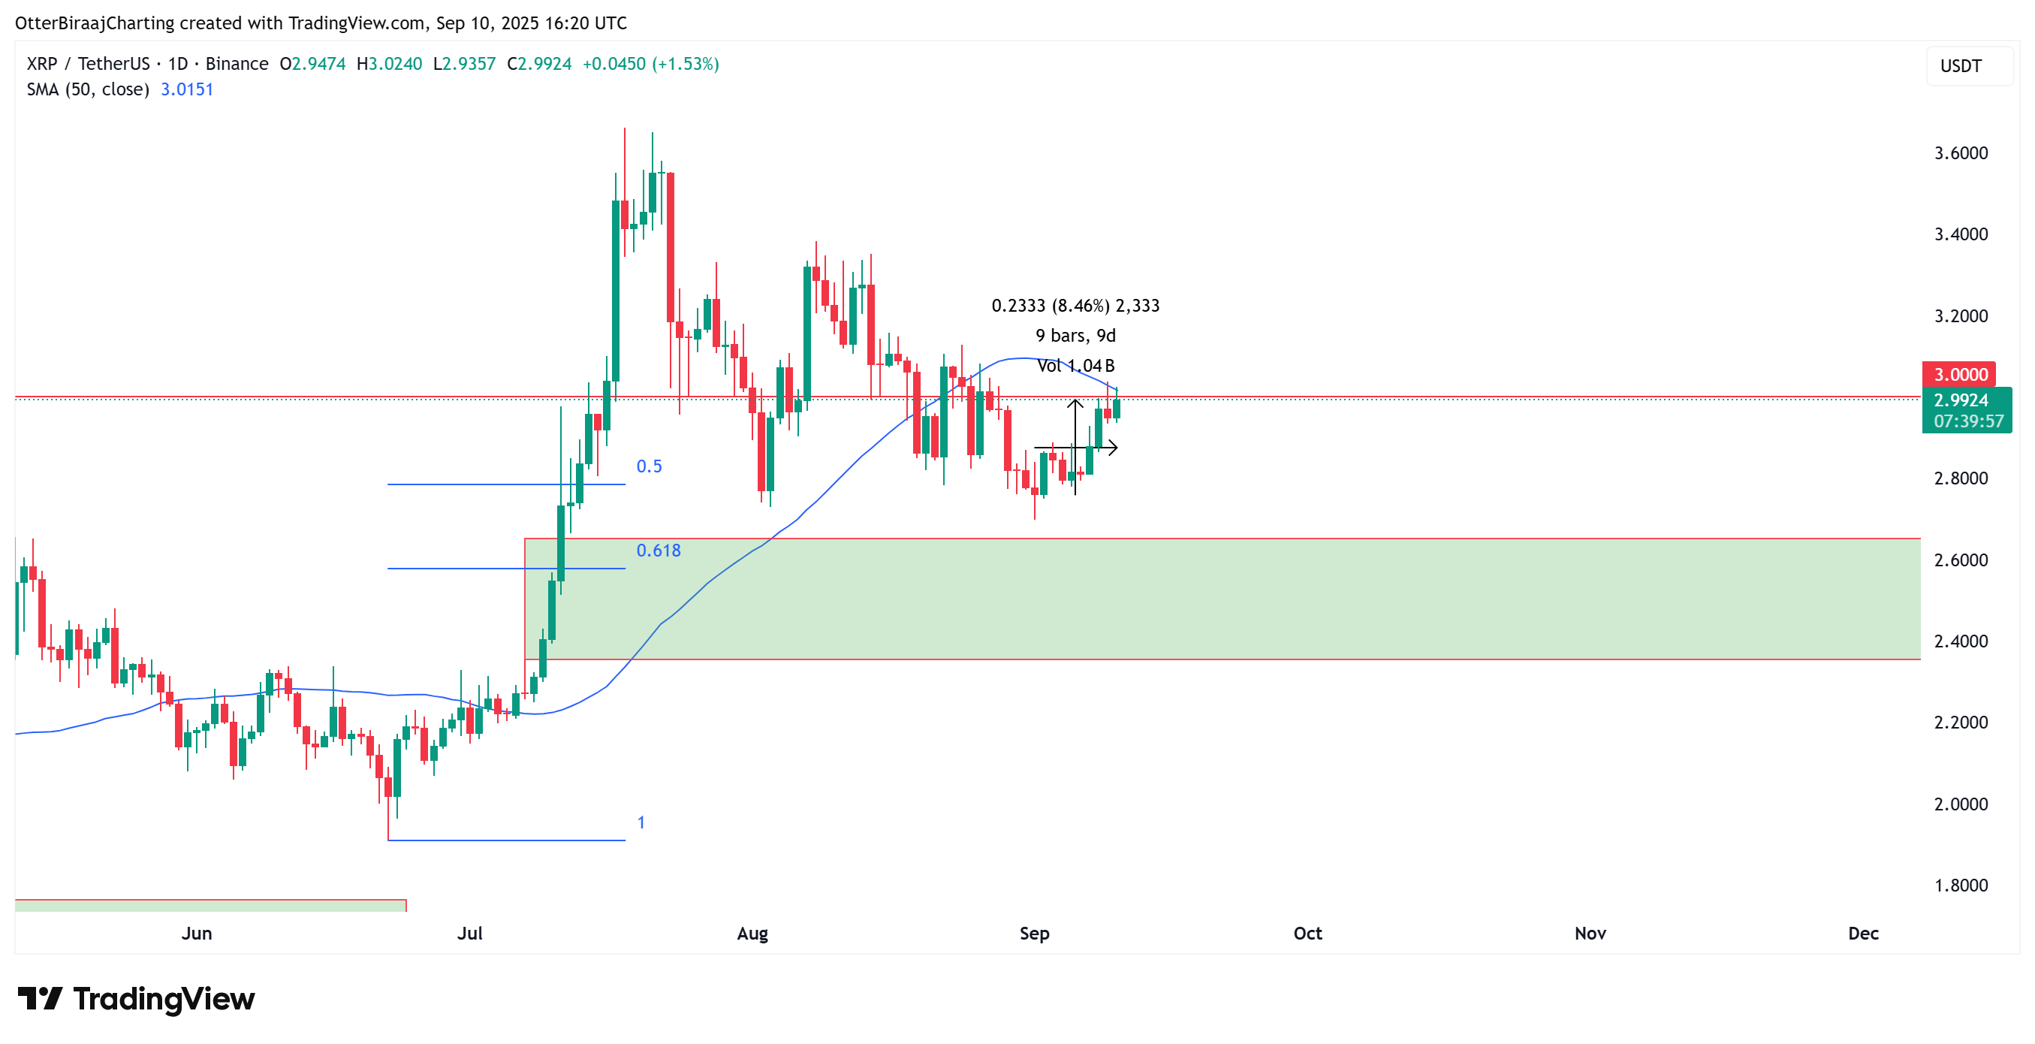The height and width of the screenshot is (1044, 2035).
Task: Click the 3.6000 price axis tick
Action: tap(1960, 152)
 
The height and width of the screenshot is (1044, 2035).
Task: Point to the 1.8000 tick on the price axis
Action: tap(1960, 886)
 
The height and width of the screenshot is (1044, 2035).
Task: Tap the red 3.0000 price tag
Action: tap(1958, 375)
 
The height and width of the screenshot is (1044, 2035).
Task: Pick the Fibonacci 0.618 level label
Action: tap(658, 550)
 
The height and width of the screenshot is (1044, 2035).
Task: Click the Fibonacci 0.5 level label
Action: tap(649, 466)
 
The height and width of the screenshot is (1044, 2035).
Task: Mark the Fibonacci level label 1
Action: tap(641, 822)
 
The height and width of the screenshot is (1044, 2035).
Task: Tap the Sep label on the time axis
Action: tap(1033, 934)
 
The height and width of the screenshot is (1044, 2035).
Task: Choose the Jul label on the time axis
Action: tap(469, 934)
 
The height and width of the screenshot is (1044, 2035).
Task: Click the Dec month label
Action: tap(1862, 934)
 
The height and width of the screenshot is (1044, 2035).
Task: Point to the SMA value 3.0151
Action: tap(186, 89)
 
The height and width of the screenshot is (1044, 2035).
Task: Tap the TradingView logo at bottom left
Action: tap(136, 999)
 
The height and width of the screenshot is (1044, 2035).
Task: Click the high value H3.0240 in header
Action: tap(389, 64)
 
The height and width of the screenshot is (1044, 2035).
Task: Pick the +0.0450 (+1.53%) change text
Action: tap(650, 64)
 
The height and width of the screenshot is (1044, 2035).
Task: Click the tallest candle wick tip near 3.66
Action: tap(624, 129)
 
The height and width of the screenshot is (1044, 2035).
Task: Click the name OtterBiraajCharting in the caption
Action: tap(95, 23)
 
